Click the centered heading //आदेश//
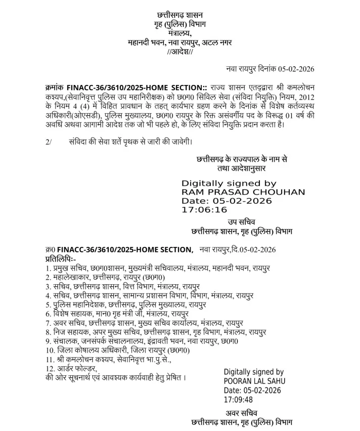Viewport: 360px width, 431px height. coord(180,51)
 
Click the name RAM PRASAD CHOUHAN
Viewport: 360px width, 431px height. coord(243,192)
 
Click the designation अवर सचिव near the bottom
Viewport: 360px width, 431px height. coord(242,412)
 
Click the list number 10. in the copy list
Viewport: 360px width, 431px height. coord(51,350)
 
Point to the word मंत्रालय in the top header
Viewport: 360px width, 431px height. coord(180,33)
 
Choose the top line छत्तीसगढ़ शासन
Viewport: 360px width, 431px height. coord(180,15)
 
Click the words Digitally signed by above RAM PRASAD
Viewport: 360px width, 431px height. coord(229,183)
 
